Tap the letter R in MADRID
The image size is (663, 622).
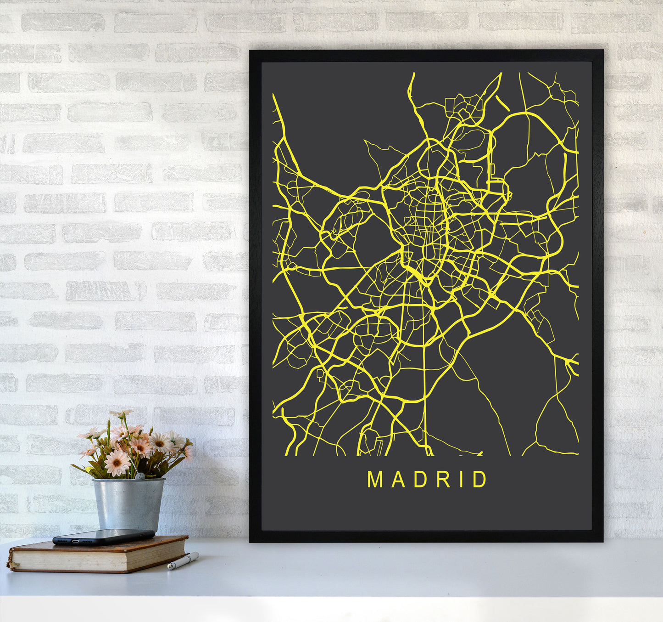(x=443, y=480)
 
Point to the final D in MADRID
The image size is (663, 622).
(x=480, y=480)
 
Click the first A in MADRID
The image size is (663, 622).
(x=397, y=480)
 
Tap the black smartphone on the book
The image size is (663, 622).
(x=103, y=537)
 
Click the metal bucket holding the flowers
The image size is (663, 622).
(x=128, y=503)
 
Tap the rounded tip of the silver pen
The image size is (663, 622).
(x=169, y=568)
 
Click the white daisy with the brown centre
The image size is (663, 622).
(x=160, y=442)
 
